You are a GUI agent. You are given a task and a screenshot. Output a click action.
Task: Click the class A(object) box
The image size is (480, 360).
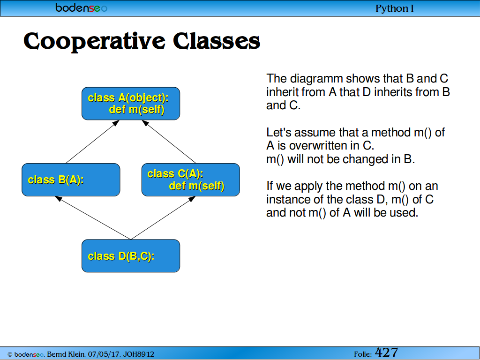pos(131,104)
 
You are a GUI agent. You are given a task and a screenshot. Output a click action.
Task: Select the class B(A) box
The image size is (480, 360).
pos(71,180)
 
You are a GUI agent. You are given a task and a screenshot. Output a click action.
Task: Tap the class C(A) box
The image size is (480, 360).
pos(191,180)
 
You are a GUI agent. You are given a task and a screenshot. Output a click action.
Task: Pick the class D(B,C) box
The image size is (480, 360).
pos(131,256)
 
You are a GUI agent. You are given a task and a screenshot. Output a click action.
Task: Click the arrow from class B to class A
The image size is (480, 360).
pos(92,142)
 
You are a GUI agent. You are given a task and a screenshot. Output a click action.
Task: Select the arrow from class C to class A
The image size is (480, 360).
pos(169,142)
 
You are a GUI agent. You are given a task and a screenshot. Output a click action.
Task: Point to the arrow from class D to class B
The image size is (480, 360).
pos(93,218)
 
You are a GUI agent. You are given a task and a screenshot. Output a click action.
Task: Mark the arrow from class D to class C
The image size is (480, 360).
pos(163,218)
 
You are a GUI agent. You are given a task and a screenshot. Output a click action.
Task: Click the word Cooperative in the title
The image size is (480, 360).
pos(94,41)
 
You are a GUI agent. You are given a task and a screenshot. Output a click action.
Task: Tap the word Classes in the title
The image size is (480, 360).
pos(217,41)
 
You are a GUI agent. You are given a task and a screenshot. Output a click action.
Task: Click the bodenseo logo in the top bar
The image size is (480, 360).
pos(81,7)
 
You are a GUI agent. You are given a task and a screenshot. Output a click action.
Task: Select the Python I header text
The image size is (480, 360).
pos(394,8)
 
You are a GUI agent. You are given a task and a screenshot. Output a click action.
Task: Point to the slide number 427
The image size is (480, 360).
pos(386,352)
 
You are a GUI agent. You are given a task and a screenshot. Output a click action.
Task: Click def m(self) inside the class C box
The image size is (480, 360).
pos(196,186)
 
